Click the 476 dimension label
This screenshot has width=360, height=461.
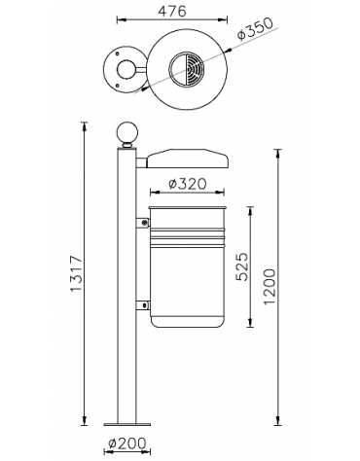click(x=172, y=12)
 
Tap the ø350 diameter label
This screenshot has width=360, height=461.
click(x=255, y=28)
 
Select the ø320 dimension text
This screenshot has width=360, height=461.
click(x=188, y=184)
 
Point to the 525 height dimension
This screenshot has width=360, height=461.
click(x=242, y=266)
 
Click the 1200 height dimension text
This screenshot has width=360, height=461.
click(x=270, y=287)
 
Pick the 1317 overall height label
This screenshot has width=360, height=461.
click(x=77, y=273)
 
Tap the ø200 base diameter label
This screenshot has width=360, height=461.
click(x=127, y=443)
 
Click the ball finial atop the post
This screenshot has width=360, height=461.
click(x=126, y=133)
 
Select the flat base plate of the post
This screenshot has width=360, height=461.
click(x=127, y=424)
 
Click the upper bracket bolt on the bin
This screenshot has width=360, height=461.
click(x=144, y=223)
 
